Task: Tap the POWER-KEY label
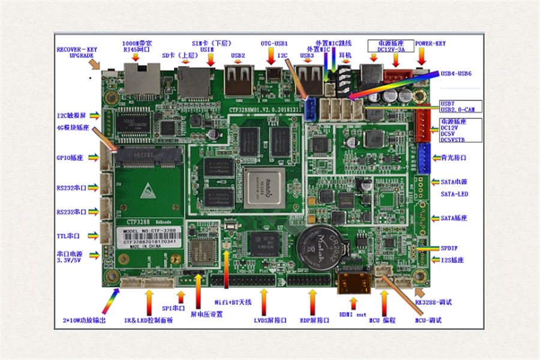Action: pyautogui.click(x=430, y=44)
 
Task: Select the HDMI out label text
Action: pyautogui.click(x=353, y=314)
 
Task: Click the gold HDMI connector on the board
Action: pyautogui.click(x=353, y=281)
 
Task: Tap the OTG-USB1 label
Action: pyautogui.click(x=274, y=44)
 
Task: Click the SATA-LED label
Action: pyautogui.click(x=454, y=194)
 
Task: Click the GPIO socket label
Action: pyautogui.click(x=70, y=158)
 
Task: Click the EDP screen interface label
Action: pyautogui.click(x=314, y=320)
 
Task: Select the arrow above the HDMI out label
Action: pyautogui.click(x=353, y=300)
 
